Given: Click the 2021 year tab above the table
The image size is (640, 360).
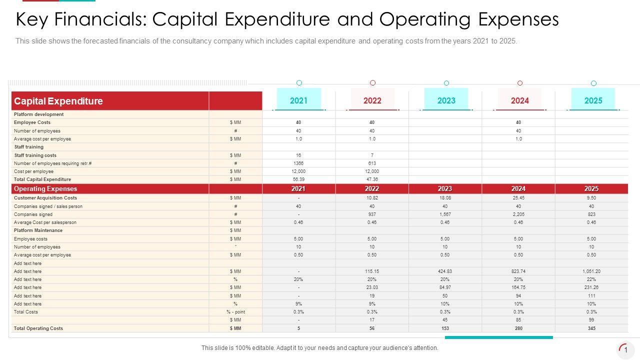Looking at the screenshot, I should [x=299, y=100].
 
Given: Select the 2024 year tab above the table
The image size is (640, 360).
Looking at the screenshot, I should [x=519, y=100].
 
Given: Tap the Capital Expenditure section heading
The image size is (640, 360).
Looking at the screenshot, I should [x=58, y=101].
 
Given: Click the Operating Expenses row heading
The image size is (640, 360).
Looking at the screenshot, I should [x=45, y=189].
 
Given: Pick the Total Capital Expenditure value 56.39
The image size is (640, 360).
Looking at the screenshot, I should [x=298, y=179].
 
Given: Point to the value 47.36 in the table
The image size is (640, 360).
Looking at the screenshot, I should [x=372, y=179].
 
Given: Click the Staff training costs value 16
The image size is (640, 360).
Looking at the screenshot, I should [x=298, y=155].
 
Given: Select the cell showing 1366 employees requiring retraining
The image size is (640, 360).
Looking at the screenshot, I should [x=298, y=163].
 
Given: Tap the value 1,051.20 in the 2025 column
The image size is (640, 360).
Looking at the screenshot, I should [x=591, y=271].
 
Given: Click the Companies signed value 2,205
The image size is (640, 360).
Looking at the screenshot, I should [x=518, y=214].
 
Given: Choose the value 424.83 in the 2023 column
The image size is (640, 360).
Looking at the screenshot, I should [x=445, y=271].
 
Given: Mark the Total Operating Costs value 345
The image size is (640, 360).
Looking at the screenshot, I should [x=591, y=328].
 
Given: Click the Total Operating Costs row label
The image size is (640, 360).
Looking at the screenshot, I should [x=38, y=328].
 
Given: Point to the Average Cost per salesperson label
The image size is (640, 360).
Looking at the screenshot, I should [x=45, y=222].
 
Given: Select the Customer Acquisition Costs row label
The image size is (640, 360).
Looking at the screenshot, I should [x=45, y=198].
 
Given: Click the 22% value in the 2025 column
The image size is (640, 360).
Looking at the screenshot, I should [x=591, y=279].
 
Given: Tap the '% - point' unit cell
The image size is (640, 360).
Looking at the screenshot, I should [x=235, y=312].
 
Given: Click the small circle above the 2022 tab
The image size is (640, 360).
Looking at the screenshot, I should [x=372, y=83].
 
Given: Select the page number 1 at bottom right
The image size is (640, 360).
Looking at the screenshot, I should [x=625, y=350].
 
